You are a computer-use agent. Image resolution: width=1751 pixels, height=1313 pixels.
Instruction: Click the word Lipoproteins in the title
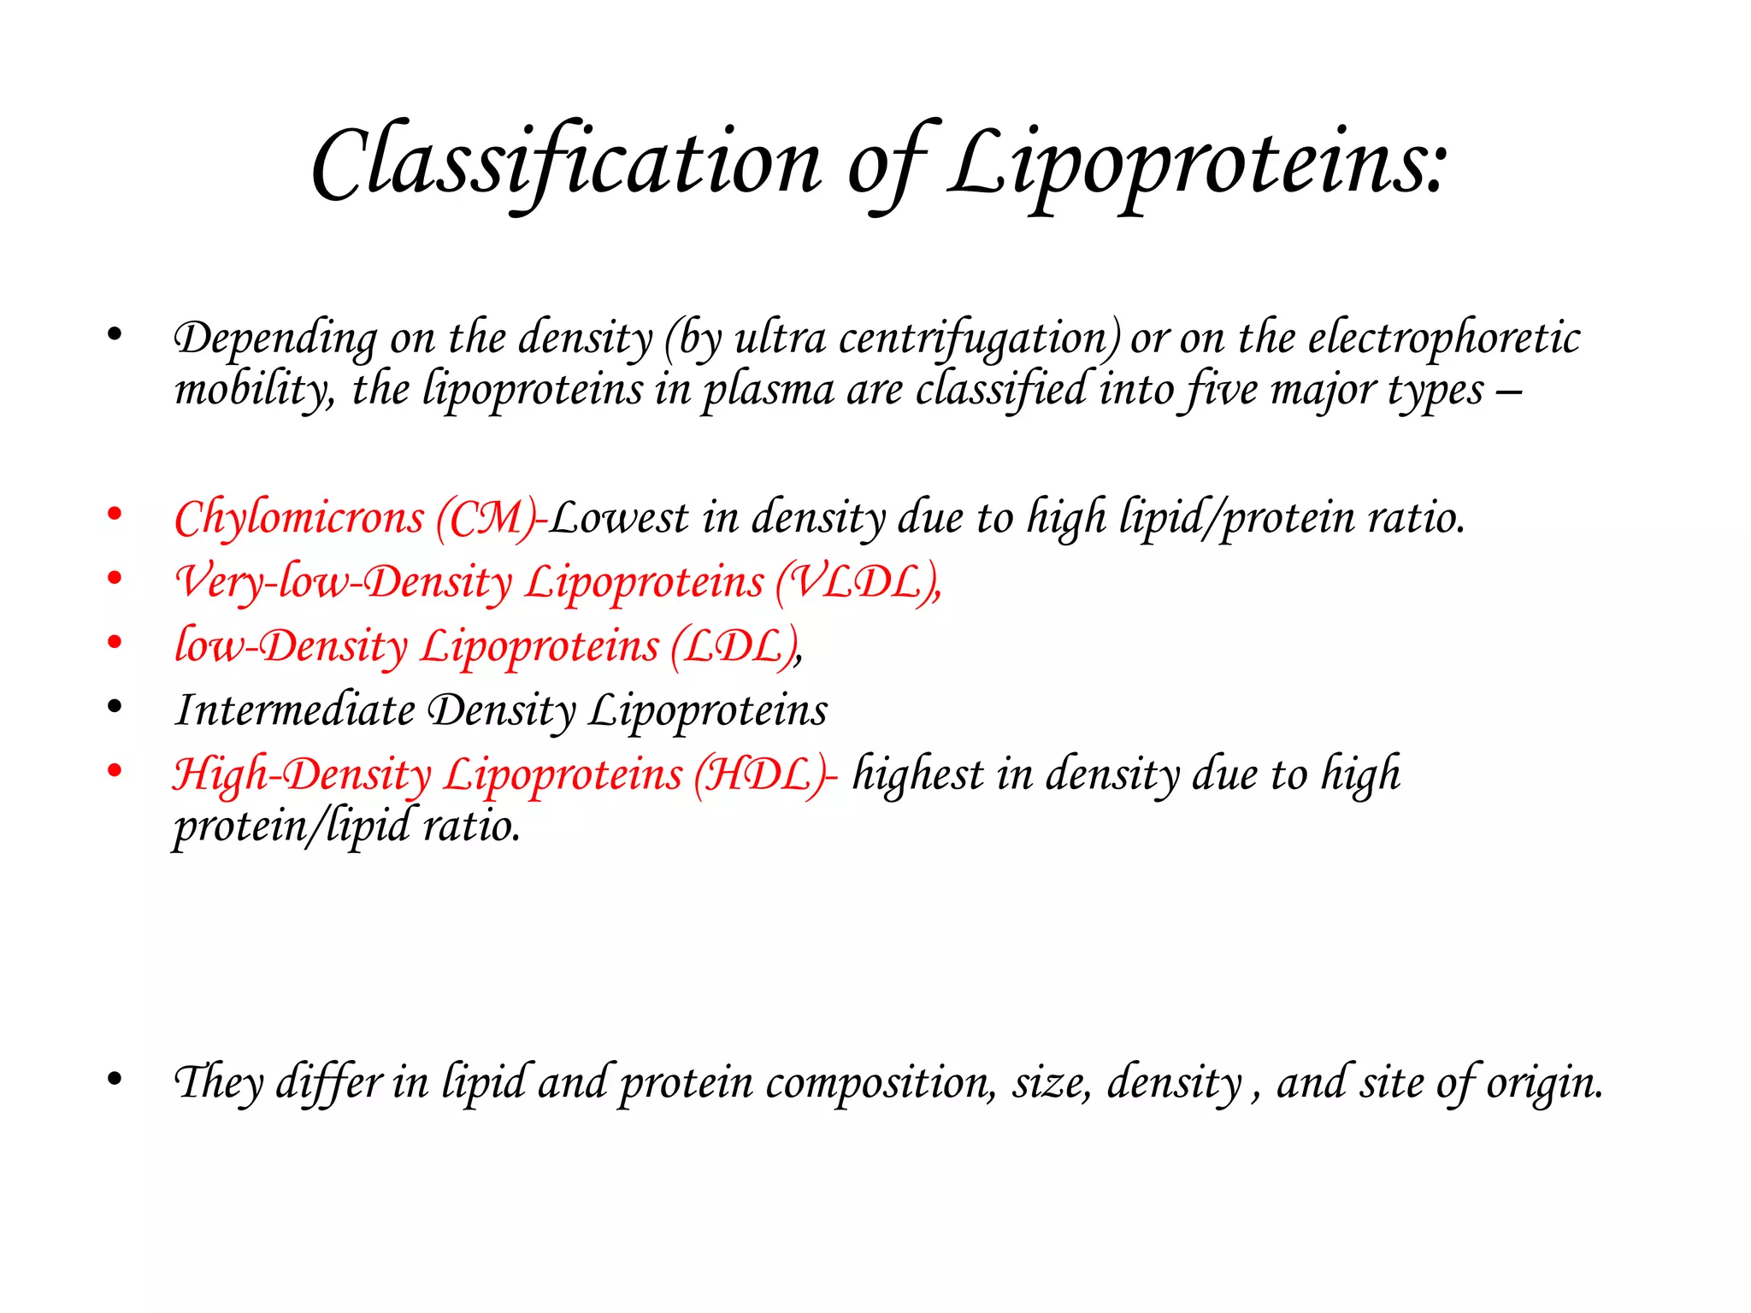[1197, 162]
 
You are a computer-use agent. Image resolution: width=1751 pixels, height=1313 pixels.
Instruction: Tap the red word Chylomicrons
[299, 518]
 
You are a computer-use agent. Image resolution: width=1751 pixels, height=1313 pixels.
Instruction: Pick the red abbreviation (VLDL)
[857, 583]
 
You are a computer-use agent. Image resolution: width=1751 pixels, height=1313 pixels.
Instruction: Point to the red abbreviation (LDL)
[735, 647]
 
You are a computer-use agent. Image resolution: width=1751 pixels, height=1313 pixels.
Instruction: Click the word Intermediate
[295, 710]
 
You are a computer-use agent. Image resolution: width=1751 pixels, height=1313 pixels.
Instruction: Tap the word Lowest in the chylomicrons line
[618, 518]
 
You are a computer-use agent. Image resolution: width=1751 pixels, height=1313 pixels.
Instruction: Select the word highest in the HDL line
[918, 775]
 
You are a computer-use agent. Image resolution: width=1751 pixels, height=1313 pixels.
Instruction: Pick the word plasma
[768, 391]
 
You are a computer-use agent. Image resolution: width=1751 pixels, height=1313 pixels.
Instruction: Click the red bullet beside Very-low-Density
[115, 579]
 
